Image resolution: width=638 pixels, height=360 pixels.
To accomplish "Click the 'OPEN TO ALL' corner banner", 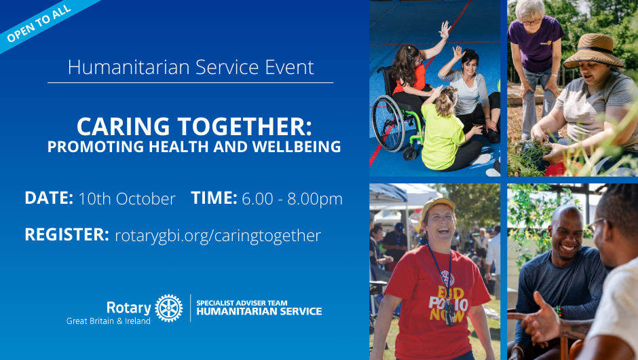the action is [39, 22].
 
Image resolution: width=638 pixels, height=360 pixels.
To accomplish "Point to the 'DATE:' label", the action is [49, 198].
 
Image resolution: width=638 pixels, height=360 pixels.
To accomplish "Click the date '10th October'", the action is [126, 199].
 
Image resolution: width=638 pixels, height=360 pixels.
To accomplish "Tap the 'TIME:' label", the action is [214, 198].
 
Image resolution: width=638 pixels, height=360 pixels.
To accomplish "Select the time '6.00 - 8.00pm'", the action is [292, 199].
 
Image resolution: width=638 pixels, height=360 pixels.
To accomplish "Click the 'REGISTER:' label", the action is [67, 234].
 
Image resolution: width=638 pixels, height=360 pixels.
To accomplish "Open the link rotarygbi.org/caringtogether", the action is [218, 236].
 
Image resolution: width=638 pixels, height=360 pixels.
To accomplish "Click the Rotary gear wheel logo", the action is [169, 308].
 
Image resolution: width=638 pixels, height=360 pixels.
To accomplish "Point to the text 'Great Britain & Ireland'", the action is [108, 321].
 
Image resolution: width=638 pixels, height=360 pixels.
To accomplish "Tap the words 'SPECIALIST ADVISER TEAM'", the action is [242, 303].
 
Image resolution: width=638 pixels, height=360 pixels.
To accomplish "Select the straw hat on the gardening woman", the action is [594, 50].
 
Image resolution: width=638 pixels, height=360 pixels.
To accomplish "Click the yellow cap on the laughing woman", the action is [437, 205].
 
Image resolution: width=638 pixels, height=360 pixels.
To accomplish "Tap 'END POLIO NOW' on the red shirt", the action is [447, 304].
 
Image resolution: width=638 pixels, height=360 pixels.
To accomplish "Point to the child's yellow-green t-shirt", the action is [443, 137].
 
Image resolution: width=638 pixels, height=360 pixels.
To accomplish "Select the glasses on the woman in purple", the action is [532, 21].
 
